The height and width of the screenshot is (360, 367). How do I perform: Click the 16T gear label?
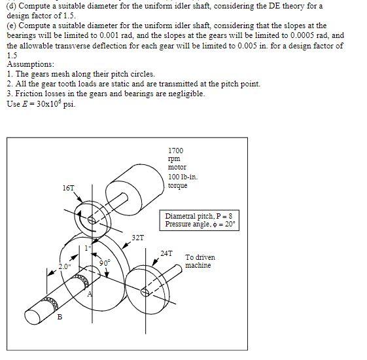tap(68, 188)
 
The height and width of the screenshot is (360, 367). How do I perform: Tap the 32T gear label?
tap(138, 238)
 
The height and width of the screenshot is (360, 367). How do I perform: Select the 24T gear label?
tap(166, 253)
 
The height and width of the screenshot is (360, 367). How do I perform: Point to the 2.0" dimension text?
tap(65, 266)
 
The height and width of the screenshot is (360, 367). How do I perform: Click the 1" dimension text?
tap(88, 248)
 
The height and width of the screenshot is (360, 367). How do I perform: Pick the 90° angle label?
tap(105, 262)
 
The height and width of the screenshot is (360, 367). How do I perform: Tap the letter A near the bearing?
tap(90, 294)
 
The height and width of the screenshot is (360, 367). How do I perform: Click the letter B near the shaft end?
tap(60, 317)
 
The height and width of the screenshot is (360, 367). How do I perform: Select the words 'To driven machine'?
tap(200, 261)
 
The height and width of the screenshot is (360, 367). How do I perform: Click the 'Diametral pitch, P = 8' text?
tap(199, 216)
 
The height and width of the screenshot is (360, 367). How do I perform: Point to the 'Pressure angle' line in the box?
tap(200, 224)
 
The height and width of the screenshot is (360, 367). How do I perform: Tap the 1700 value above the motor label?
tap(176, 151)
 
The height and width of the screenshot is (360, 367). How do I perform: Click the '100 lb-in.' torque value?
tap(183, 177)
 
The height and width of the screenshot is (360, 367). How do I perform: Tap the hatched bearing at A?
tap(81, 280)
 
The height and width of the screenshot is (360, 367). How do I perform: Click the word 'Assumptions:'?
tap(31, 64)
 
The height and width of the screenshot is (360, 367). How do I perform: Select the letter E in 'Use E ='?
tap(25, 104)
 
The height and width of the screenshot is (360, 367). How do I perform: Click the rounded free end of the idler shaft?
tap(33, 317)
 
